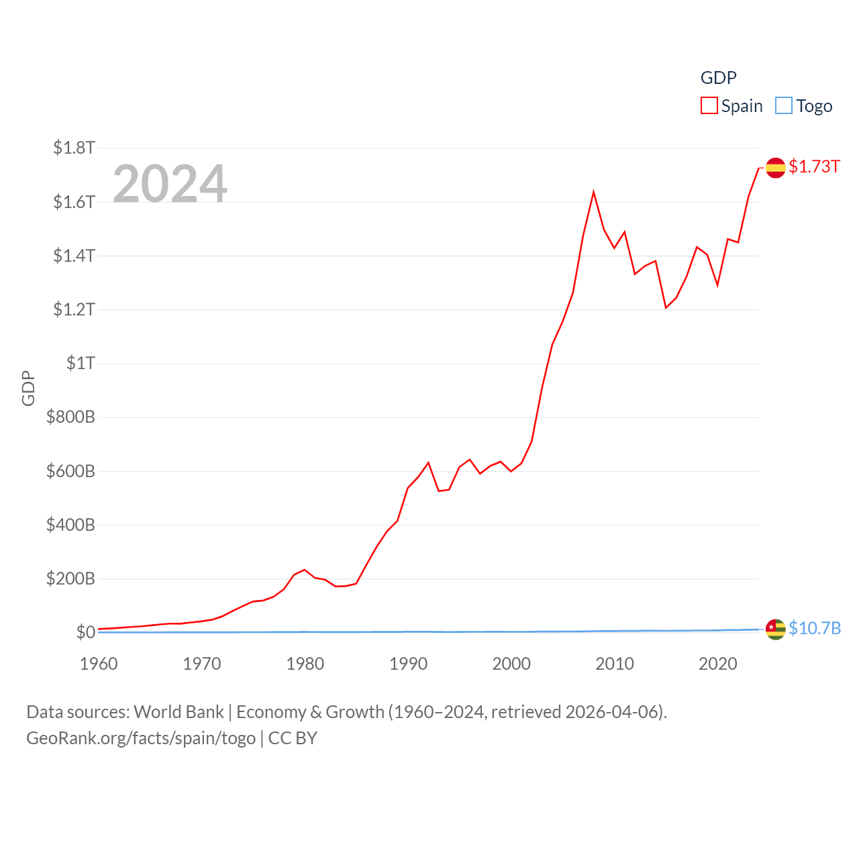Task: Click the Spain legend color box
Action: tap(709, 106)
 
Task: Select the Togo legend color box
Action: tap(783, 106)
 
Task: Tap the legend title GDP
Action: tap(718, 78)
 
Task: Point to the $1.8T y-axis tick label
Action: tap(74, 148)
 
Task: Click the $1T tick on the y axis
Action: tap(81, 363)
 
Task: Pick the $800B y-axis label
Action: tap(70, 417)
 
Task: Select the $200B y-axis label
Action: tap(70, 578)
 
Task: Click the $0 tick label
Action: tap(86, 632)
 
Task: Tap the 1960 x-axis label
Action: tap(99, 664)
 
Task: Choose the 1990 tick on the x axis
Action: tap(408, 664)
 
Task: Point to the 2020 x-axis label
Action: tap(717, 664)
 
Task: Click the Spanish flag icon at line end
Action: tap(775, 168)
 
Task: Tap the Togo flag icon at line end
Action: tap(775, 629)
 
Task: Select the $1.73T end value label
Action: tap(814, 166)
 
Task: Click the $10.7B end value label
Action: tap(815, 628)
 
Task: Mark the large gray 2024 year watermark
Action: tap(170, 183)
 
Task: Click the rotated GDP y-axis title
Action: tap(28, 388)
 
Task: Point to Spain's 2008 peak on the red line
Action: tap(593, 193)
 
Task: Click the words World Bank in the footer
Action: tap(179, 711)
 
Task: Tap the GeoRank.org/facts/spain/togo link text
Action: tap(141, 738)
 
